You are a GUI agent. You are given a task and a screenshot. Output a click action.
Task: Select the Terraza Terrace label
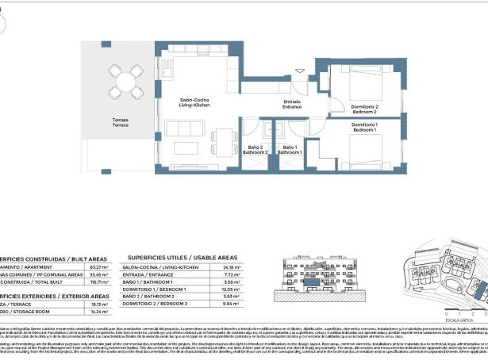120,123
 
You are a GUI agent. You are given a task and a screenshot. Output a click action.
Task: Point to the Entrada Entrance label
292,104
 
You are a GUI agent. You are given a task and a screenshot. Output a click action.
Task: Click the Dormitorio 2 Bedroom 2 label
364,111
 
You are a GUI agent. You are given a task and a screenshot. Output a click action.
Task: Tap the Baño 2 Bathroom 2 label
256,148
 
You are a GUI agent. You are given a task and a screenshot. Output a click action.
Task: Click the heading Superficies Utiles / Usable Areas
182,258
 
